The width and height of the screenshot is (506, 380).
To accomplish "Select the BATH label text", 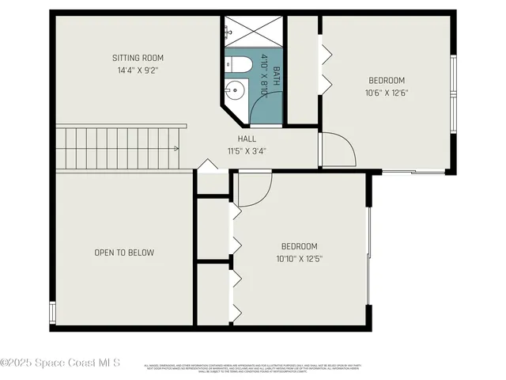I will click(276, 76).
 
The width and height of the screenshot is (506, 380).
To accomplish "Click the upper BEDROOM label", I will click(387, 80).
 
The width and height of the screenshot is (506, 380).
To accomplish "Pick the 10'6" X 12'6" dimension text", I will click(387, 92).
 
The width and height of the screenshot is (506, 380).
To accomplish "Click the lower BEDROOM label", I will click(300, 246).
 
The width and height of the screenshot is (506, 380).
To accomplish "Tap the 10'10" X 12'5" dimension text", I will click(300, 258).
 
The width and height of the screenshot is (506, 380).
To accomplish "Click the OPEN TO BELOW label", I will click(124, 253).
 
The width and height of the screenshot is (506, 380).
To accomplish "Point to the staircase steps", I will click(119, 147).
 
